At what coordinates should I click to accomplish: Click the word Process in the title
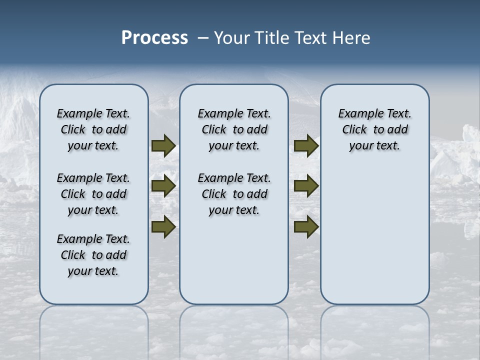point(154,37)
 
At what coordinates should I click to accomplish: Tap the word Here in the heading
point(352,37)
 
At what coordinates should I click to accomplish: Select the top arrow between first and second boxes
point(163,145)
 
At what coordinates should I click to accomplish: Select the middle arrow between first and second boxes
point(163,186)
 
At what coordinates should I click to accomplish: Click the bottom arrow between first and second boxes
point(163,227)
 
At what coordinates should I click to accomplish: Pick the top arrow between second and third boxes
point(306,145)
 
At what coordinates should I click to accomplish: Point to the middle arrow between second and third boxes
point(306,186)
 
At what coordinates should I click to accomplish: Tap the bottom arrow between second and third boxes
point(306,227)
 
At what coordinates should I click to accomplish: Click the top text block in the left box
point(93,129)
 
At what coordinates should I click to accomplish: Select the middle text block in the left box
point(93,194)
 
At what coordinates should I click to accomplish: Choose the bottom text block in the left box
point(93,255)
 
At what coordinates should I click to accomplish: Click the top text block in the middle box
point(234,129)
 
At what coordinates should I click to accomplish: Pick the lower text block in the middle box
point(234,194)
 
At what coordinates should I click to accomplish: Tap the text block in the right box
point(374,129)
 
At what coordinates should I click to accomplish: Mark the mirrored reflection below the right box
point(374,330)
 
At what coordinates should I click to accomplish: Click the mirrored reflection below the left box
point(93,330)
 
